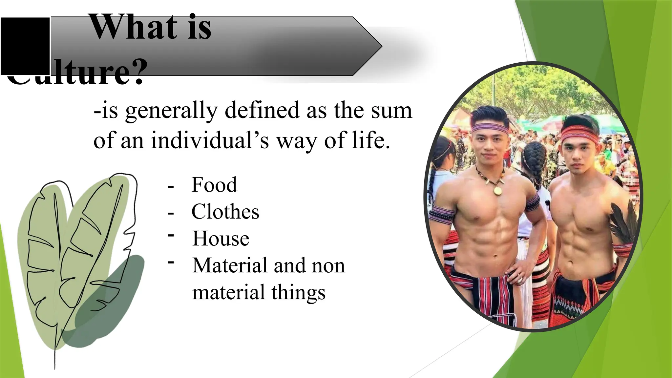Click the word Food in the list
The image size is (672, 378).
point(214,185)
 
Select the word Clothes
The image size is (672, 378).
point(225,212)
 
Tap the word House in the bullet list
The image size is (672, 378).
point(220,239)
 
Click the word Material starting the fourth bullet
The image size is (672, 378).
point(230,265)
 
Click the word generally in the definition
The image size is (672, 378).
point(171,111)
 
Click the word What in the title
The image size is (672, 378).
point(133,28)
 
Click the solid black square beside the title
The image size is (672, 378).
point(25,46)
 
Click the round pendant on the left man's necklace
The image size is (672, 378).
point(497,190)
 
